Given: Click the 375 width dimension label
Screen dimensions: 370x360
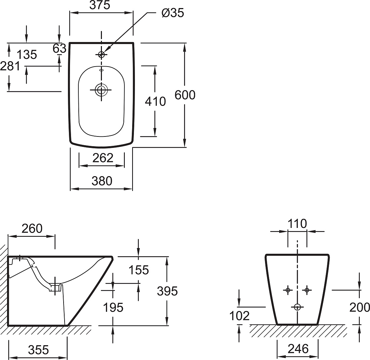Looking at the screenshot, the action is (x=100, y=5).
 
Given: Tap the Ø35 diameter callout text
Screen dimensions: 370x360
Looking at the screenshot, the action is (x=173, y=13).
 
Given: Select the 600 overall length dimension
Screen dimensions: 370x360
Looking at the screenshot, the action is (x=185, y=95).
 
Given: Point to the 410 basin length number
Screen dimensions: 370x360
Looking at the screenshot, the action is (x=155, y=102).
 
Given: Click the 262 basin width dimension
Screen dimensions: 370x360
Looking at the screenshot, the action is (x=103, y=158).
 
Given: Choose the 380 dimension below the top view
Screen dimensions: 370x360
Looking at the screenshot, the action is (x=102, y=181).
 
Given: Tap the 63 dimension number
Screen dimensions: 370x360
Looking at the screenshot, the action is (x=60, y=48).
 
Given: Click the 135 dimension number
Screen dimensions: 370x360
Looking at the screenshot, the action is (x=27, y=55).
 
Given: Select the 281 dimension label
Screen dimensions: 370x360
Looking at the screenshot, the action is (x=10, y=66).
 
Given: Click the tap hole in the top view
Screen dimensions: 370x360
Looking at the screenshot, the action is (x=102, y=55).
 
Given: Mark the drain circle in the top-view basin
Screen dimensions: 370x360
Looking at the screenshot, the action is (x=102, y=90).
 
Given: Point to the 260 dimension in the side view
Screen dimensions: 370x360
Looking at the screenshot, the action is (x=32, y=229).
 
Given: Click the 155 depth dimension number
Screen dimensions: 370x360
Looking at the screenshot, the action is (x=139, y=270).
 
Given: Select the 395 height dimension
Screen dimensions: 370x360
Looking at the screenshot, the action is (x=167, y=291).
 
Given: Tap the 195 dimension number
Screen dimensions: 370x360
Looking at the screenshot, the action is (x=113, y=308).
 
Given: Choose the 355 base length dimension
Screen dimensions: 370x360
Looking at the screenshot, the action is (x=38, y=350).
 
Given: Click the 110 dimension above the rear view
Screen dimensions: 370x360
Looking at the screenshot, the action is (x=297, y=224).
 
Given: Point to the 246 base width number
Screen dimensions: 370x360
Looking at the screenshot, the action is (x=298, y=349).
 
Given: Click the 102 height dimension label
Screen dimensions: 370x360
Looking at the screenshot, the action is (x=239, y=316).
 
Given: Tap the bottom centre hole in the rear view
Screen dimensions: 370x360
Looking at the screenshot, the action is (x=297, y=307).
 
